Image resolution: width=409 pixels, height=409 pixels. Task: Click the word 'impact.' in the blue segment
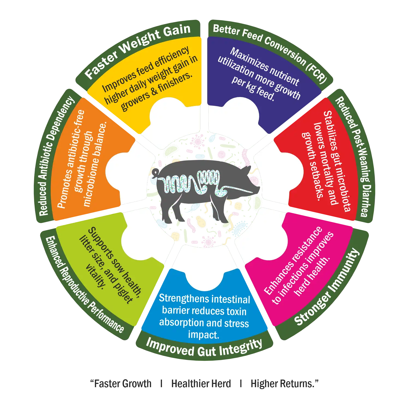pyautogui.click(x=203, y=335)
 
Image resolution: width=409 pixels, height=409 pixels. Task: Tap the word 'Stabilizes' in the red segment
pyautogui.click(x=332, y=131)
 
